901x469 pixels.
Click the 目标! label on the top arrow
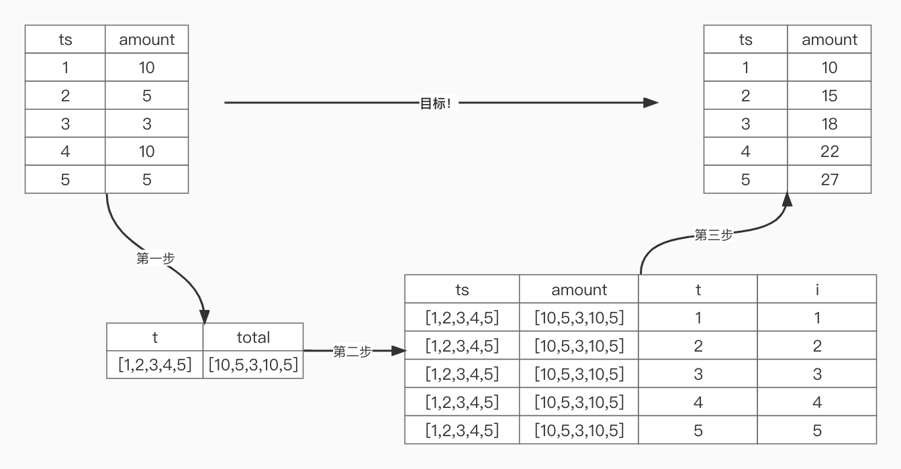[435, 103]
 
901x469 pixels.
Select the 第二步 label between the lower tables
[352, 351]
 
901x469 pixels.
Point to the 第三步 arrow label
[713, 235]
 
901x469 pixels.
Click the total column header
[253, 337]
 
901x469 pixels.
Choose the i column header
[817, 289]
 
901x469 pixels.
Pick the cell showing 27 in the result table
[829, 179]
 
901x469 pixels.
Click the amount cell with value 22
[829, 152]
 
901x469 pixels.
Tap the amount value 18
[829, 123]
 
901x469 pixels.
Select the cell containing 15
[829, 95]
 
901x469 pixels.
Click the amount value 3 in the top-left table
[146, 123]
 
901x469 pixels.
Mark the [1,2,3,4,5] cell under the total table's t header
[155, 365]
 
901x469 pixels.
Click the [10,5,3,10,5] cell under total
[253, 365]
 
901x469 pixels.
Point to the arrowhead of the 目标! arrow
[651, 103]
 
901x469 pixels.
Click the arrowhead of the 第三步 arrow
[787, 199]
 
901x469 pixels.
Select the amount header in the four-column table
[579, 289]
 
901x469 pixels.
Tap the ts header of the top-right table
[745, 40]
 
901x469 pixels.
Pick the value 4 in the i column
[817, 402]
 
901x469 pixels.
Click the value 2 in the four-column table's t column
[698, 346]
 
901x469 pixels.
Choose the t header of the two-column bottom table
[155, 337]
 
